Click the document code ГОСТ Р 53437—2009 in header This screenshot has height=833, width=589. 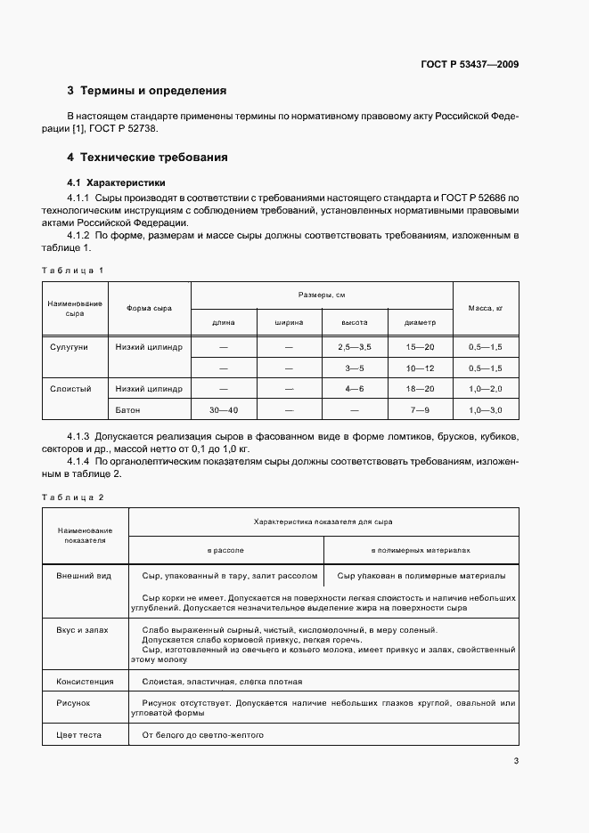point(471,64)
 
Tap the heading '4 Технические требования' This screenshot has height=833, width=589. point(147,158)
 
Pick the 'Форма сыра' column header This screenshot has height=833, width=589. point(149,308)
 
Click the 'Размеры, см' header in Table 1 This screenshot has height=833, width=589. point(322,294)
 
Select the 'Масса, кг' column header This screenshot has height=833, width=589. point(486,308)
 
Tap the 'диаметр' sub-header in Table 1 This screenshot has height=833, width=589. point(420,322)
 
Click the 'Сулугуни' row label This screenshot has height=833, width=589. point(75,346)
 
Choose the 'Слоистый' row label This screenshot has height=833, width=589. point(75,389)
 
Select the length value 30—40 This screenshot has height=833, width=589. point(224,410)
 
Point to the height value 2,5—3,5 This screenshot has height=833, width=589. point(354,346)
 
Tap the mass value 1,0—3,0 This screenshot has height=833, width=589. point(486,410)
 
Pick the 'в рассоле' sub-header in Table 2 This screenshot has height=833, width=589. point(225,550)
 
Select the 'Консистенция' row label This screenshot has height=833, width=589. point(86,682)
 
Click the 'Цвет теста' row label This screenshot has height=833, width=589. point(79,735)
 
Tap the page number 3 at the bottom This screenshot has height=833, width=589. point(516,761)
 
